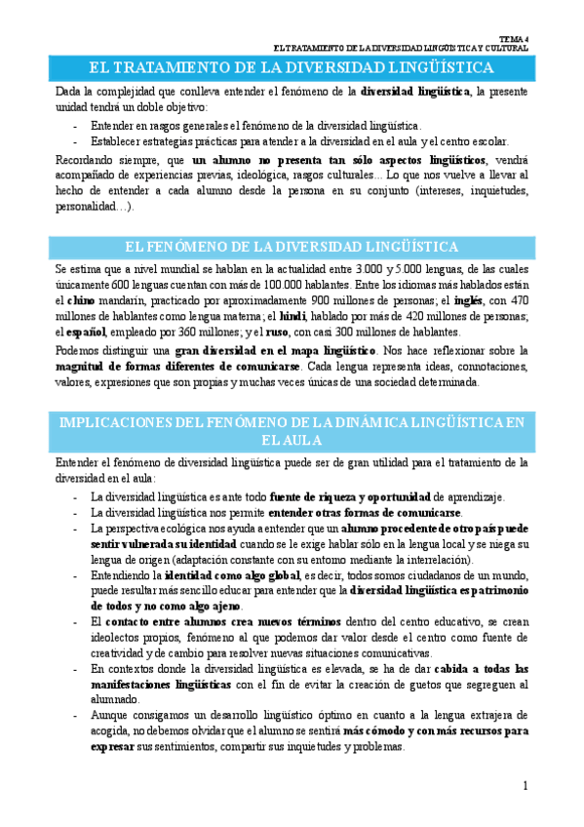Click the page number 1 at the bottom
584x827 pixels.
525,785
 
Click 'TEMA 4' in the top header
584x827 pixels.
515,37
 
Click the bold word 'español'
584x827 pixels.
86,333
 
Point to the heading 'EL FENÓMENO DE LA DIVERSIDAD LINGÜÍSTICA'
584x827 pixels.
292,247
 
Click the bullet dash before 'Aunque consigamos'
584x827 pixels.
76,715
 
